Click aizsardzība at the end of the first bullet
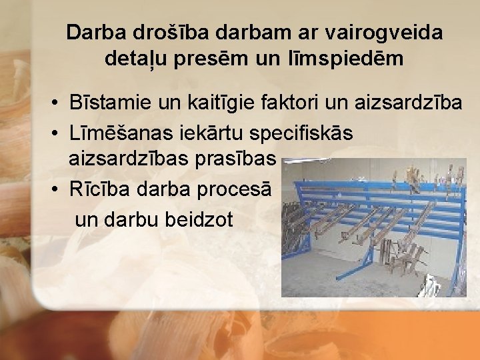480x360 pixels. point(409,103)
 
